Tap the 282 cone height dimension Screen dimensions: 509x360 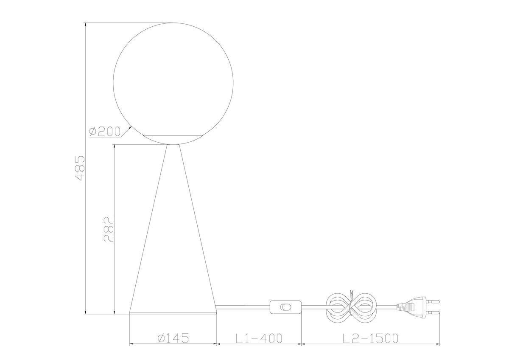click(x=109, y=229)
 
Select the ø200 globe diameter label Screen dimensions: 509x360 click(x=105, y=132)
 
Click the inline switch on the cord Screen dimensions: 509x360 click(x=286, y=307)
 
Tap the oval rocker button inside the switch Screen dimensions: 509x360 click(x=286, y=307)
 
